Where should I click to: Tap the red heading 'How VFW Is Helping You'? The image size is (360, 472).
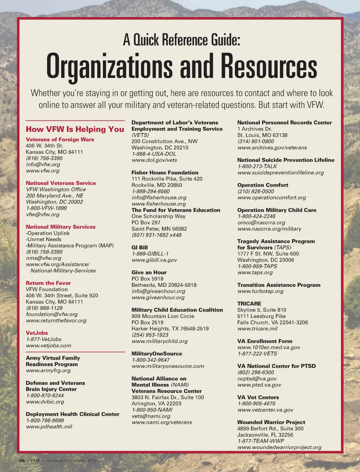click(x=75, y=129)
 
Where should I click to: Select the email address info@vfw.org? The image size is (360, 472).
click(x=43, y=164)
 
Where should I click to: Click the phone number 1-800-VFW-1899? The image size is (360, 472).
click(x=46, y=208)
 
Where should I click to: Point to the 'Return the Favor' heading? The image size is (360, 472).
click(x=48, y=283)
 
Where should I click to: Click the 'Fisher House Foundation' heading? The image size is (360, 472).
click(x=165, y=173)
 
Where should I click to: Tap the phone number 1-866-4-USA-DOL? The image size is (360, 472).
click(x=154, y=154)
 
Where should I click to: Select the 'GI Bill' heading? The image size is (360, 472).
click(x=139, y=248)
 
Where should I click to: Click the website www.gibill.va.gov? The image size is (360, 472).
click(x=154, y=260)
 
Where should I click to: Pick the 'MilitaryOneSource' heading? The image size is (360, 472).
click(x=156, y=354)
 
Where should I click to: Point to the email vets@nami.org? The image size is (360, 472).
click(x=151, y=416)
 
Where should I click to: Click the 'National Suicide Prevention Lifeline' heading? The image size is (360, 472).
click(x=285, y=160)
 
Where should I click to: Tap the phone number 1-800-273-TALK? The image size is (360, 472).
click(x=257, y=166)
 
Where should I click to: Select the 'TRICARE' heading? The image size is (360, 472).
click(x=249, y=304)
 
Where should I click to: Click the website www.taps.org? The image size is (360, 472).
click(x=255, y=273)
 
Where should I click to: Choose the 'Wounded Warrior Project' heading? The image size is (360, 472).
click(x=271, y=422)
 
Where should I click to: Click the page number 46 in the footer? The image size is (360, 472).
click(x=22, y=460)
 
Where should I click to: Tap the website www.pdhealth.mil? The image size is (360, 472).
click(x=49, y=427)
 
